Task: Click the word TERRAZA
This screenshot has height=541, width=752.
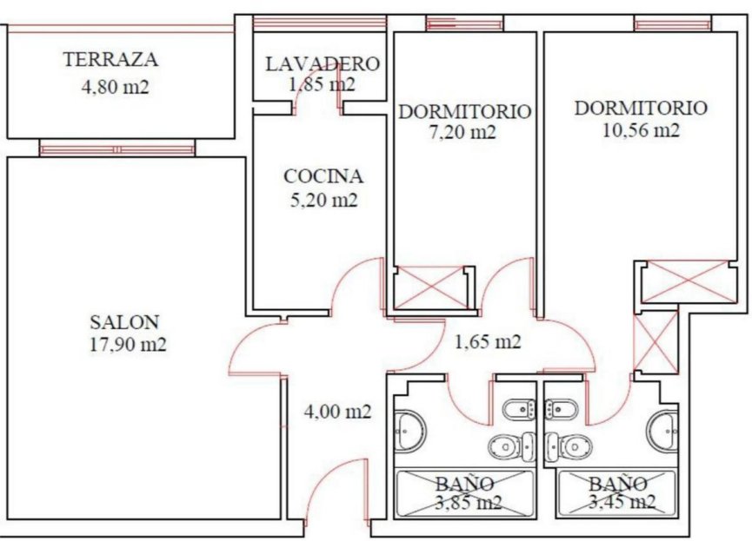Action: [110, 60]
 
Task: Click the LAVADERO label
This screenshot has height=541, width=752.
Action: [322, 63]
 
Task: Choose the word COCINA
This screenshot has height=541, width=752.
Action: [323, 176]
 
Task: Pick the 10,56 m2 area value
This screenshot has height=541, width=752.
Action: [640, 130]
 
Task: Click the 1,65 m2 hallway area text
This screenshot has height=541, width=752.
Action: [487, 341]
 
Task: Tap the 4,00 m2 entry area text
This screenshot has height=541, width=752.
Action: [337, 412]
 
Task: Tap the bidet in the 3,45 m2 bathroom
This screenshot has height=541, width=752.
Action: [562, 408]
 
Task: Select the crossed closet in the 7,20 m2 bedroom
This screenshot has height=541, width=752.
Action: [431, 286]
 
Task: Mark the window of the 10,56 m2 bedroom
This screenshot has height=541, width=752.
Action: [672, 23]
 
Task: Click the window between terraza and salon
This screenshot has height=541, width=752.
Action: [116, 149]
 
